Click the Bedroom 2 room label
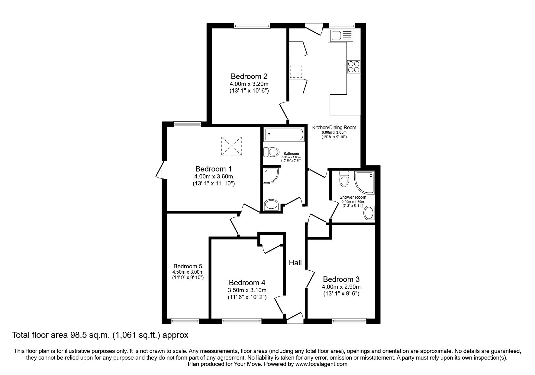click(x=249, y=76)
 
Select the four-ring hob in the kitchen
click(x=354, y=67)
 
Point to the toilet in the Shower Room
click(x=344, y=179)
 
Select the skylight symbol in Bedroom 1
click(x=231, y=146)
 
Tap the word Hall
click(x=295, y=263)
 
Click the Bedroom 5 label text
click(x=188, y=266)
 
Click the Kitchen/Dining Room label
click(x=334, y=127)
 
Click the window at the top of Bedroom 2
click(x=252, y=26)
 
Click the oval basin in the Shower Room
click(x=369, y=213)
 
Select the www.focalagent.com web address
click(x=321, y=364)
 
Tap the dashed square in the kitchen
click(x=296, y=72)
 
